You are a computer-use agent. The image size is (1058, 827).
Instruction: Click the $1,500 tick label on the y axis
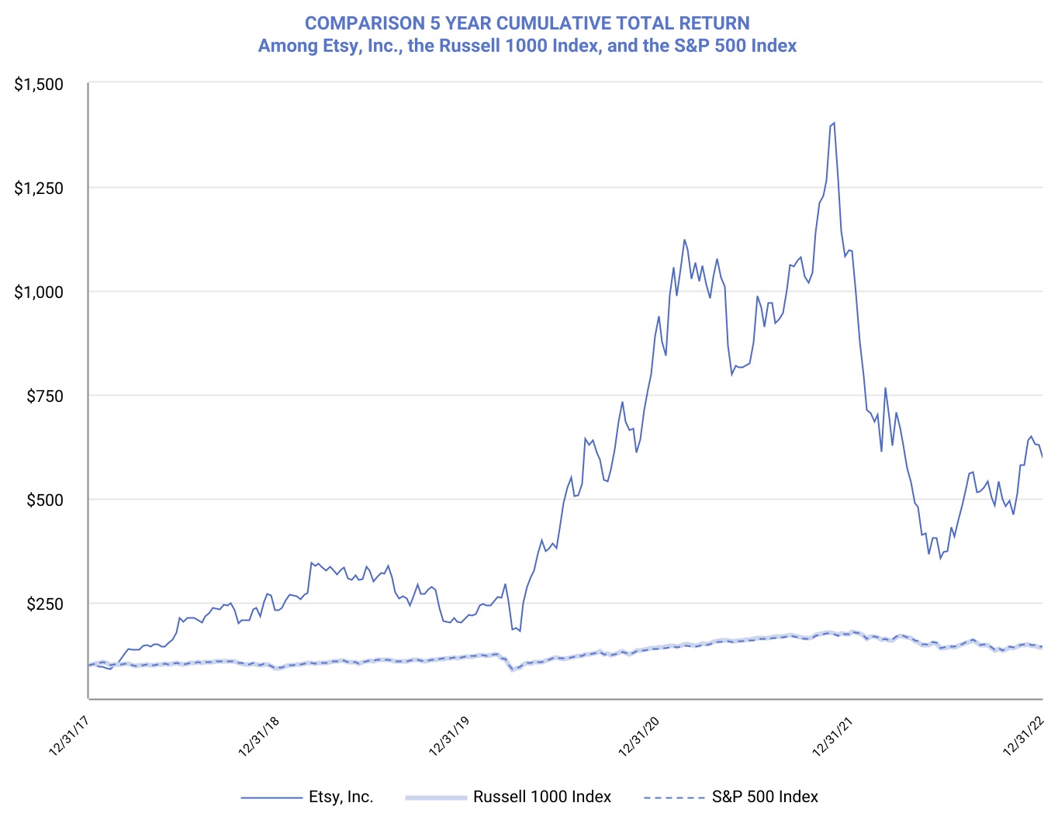pos(39,84)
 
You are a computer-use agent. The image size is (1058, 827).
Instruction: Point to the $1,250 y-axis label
pos(39,188)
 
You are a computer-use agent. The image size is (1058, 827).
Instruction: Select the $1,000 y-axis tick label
pos(39,292)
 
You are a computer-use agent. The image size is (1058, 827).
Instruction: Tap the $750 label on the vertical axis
pos(45,396)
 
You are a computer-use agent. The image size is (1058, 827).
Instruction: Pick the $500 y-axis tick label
pos(45,500)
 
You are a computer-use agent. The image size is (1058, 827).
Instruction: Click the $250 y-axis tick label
pos(45,604)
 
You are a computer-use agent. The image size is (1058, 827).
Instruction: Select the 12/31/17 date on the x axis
pos(69,736)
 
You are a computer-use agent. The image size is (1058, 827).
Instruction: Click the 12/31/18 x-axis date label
pos(259,736)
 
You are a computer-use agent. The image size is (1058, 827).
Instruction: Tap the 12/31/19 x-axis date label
pos(449,736)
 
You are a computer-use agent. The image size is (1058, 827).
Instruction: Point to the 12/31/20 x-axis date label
pos(639,736)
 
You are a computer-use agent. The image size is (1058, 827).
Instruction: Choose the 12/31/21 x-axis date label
pos(832,736)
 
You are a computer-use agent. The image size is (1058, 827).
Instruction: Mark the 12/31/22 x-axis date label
pos(1023,736)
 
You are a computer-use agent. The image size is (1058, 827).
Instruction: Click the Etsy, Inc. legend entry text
pos(341,797)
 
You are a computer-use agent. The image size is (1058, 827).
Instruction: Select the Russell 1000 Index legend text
pos(542,797)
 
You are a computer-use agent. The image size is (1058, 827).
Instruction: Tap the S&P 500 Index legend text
pos(765,797)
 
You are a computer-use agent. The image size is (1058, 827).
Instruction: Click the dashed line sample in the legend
pos(673,797)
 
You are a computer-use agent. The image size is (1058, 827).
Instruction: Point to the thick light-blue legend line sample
pos(436,797)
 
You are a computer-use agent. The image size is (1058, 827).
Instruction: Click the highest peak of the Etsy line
pos(834,123)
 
